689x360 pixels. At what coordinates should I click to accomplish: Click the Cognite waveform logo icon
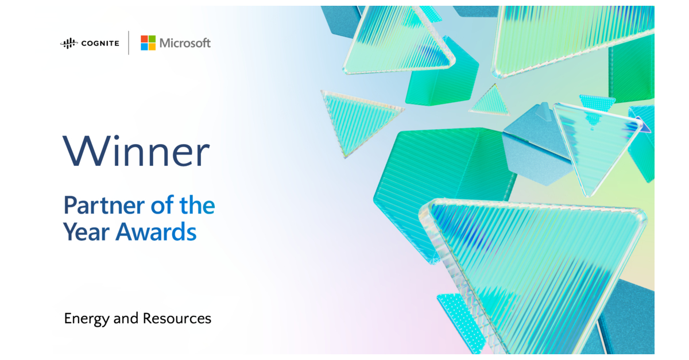point(68,44)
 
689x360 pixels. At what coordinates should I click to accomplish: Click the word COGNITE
point(100,44)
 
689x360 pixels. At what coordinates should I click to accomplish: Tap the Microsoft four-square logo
point(148,42)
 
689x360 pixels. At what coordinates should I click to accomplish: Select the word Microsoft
point(185,43)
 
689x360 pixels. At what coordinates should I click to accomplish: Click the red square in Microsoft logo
point(144,39)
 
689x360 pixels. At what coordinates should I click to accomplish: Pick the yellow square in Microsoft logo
point(152,47)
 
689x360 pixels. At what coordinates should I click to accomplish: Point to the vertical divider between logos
point(129,42)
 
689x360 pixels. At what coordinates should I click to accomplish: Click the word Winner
point(136,152)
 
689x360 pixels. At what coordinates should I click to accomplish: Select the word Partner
point(104,205)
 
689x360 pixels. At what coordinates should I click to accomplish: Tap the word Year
point(87,232)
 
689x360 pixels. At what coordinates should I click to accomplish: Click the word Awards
point(156,232)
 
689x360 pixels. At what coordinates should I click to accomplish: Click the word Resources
point(177,319)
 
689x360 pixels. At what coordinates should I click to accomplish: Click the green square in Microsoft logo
point(152,39)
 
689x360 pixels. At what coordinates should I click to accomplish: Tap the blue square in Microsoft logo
point(144,47)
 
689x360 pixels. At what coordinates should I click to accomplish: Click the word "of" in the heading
point(162,204)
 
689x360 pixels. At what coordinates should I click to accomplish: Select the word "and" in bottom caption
point(126,319)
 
